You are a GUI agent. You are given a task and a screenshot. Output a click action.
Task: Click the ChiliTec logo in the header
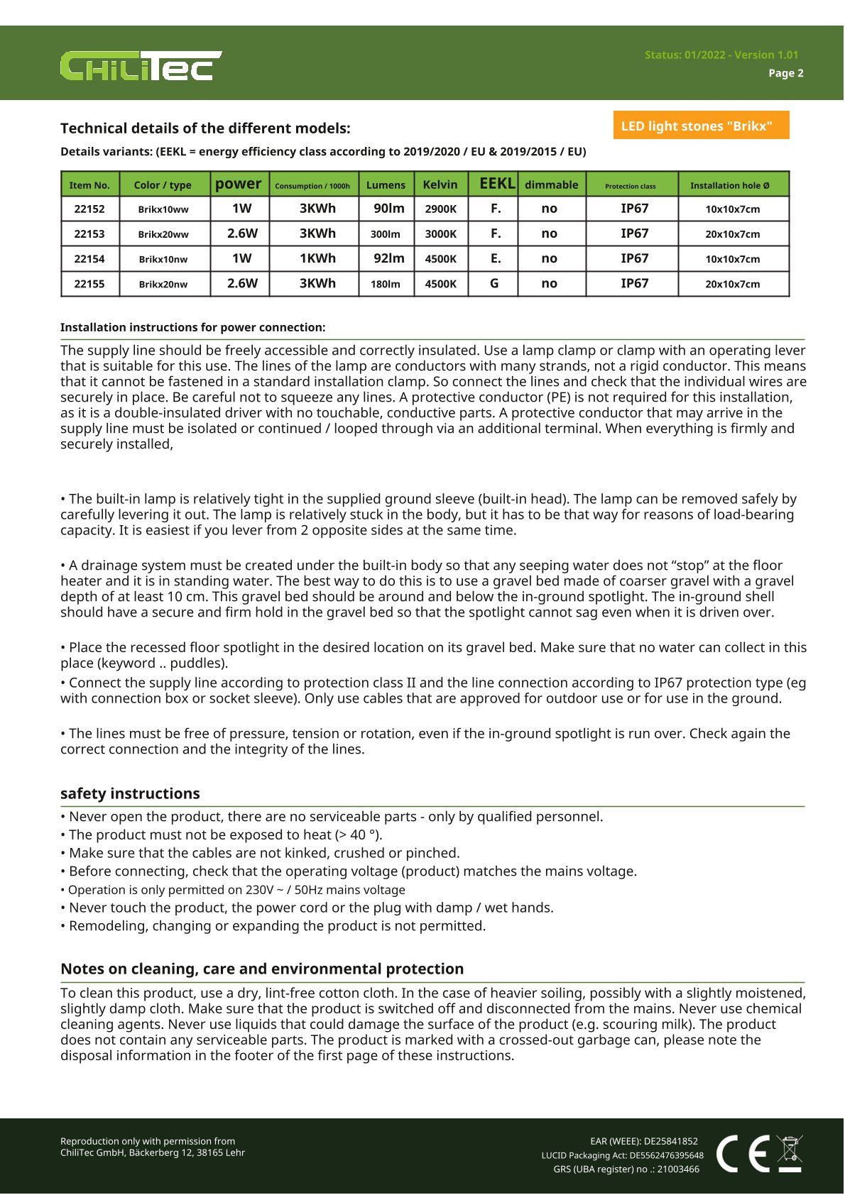coord(141,66)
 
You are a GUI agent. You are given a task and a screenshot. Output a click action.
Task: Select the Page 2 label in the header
coord(785,73)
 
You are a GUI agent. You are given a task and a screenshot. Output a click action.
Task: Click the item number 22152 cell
coord(89,209)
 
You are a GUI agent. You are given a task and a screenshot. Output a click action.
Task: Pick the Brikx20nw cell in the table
coord(163,284)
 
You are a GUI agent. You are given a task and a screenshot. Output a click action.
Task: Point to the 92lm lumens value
coord(388,258)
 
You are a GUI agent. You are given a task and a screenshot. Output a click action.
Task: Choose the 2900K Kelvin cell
coord(440,209)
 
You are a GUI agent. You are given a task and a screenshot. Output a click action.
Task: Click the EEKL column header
coord(496,184)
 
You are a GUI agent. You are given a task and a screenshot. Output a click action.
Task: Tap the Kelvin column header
coord(440,185)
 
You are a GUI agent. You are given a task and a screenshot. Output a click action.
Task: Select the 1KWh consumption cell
coord(317,258)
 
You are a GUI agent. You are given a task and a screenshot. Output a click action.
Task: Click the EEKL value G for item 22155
coord(494,283)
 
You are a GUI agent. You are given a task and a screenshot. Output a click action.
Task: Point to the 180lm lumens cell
coord(385,284)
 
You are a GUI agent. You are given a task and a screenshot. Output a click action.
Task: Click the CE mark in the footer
coord(743,1153)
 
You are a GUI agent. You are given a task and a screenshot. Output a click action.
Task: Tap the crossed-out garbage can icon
coord(790,1153)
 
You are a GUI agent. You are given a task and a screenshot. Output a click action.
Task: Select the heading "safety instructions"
coord(130,793)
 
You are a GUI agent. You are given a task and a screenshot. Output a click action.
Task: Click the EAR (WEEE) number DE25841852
coord(643,1141)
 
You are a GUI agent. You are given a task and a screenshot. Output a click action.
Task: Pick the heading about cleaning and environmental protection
coord(262,969)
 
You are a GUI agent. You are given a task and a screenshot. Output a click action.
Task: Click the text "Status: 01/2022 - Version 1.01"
coord(721,55)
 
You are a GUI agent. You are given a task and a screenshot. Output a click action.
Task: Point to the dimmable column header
coord(551,185)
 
